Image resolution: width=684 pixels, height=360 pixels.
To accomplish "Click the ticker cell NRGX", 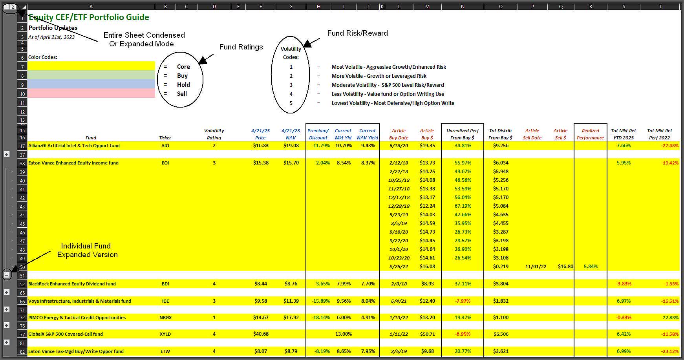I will pyautogui.click(x=165, y=318).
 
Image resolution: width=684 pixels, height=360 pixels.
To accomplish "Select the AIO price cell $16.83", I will pyautogui.click(x=261, y=145).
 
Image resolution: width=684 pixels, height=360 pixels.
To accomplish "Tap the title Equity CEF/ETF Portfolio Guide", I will pyautogui.click(x=89, y=17).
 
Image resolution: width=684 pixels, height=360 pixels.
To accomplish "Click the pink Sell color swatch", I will pyautogui.click(x=91, y=93).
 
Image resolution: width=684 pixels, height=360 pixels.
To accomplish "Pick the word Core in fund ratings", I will pyautogui.click(x=183, y=67).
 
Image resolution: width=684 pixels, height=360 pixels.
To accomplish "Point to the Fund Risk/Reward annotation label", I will pyautogui.click(x=357, y=33).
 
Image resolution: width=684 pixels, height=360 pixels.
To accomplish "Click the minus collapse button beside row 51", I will pyautogui.click(x=7, y=275).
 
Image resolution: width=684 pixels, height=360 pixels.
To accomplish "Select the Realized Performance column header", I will pyautogui.click(x=590, y=134).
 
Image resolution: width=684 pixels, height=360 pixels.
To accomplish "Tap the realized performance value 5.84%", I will pyautogui.click(x=590, y=267).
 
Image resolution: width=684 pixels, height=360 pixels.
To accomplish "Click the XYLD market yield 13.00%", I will pyautogui.click(x=343, y=334).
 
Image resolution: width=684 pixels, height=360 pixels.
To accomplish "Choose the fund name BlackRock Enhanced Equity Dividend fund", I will pyautogui.click(x=72, y=284).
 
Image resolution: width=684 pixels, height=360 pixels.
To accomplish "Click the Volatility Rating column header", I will pyautogui.click(x=214, y=134).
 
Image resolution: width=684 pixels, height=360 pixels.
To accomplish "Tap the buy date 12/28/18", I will pyautogui.click(x=399, y=206).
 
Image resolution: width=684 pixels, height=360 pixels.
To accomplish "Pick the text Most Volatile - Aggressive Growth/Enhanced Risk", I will pyautogui.click(x=389, y=67).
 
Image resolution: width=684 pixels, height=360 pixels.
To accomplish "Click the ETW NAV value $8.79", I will pyautogui.click(x=291, y=351).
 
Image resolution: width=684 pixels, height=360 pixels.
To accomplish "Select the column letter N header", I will pyautogui.click(x=463, y=7).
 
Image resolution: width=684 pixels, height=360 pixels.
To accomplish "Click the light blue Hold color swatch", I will pyautogui.click(x=91, y=84).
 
